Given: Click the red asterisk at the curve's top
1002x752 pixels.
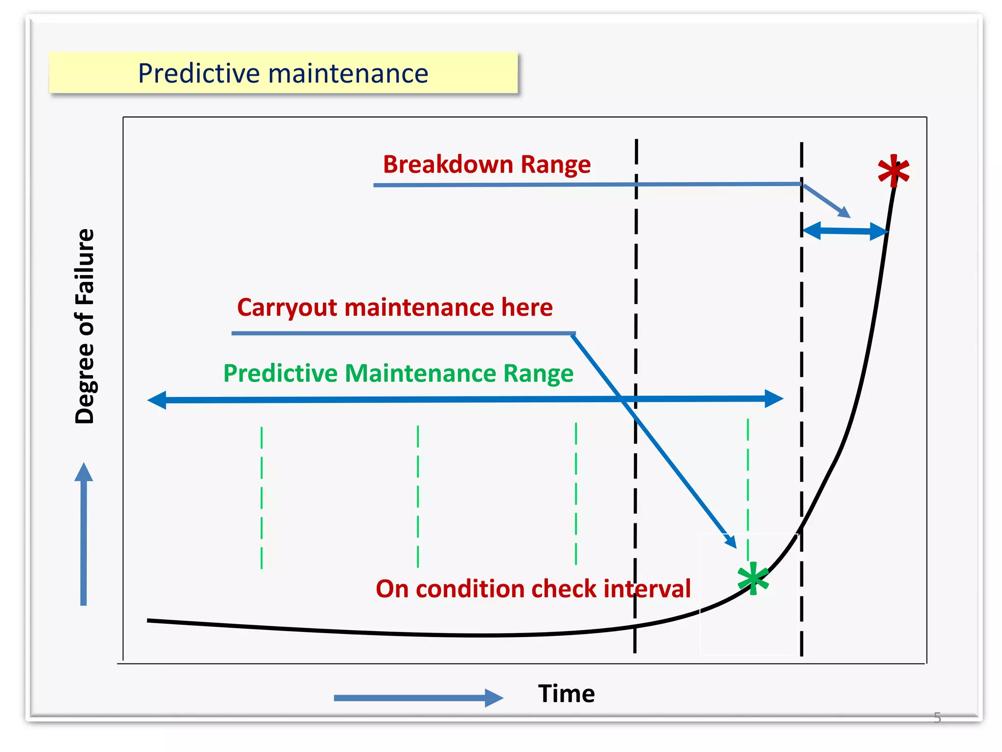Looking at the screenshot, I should pos(893,171).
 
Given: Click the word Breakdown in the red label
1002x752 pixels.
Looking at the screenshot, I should pos(448,164).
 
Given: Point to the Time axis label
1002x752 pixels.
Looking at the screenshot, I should pos(566,693).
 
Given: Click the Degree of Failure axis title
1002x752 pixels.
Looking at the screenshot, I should pos(85,326).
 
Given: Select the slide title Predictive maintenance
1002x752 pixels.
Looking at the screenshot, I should pos(283,73).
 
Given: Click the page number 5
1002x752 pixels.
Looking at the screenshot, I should pos(937,718).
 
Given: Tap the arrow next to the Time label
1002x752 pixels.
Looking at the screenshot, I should pos(418,698).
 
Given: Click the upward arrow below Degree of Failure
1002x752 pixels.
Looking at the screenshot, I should pos(84,534).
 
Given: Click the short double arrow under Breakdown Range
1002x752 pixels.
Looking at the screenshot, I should pos(845,231).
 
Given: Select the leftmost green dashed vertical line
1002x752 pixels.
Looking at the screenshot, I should pos(262,497).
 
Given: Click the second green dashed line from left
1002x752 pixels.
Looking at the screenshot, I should pos(418,495).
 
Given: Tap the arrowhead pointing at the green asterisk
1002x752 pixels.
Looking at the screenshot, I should pos(731,541).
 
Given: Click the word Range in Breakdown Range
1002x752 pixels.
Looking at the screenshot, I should pos(556,164).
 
